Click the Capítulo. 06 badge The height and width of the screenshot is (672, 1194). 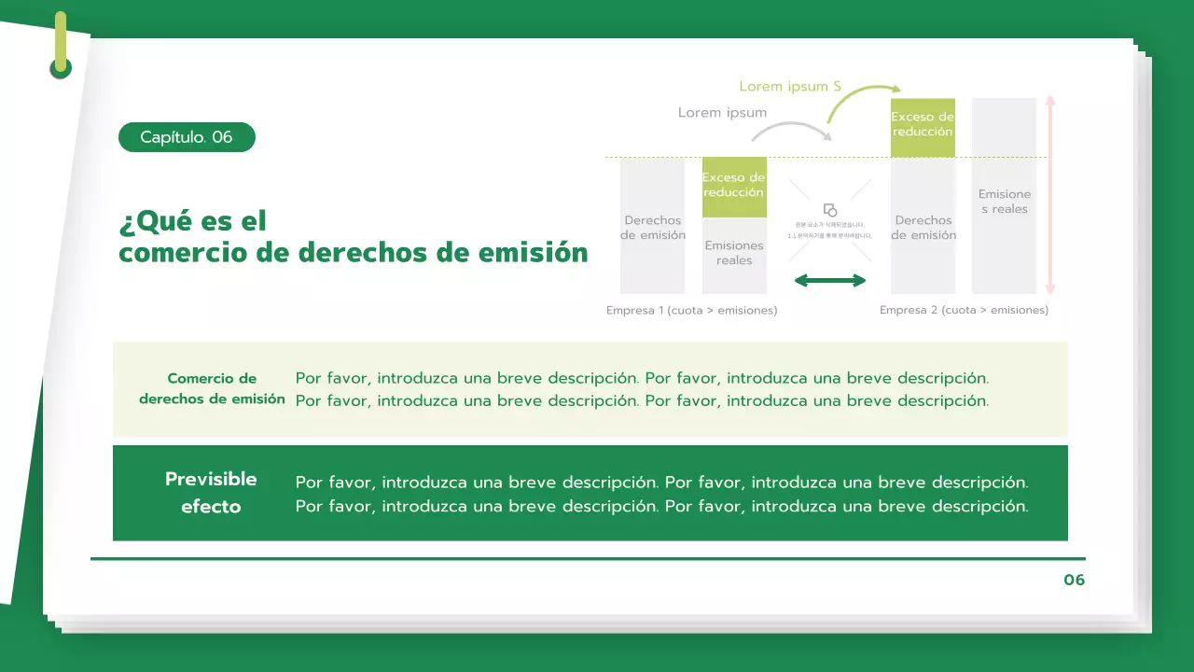coord(187,137)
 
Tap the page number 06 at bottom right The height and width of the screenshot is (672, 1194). coord(1074,580)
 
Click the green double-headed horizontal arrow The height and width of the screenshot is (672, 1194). coord(829,280)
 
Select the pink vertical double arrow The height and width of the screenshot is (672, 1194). coord(1050,195)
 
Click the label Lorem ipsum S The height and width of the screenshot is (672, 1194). coord(790,86)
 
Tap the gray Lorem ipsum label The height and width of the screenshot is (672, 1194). coord(722,112)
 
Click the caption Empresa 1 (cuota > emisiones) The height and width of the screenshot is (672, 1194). coord(691,310)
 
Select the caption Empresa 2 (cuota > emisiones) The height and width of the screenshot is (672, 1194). coord(964,310)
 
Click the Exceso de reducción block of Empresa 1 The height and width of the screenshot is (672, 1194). coord(734,187)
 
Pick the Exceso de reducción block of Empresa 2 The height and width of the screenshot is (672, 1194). coord(923,127)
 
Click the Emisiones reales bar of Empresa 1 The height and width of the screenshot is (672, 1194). coord(734,255)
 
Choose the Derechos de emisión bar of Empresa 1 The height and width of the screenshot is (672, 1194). coord(652,227)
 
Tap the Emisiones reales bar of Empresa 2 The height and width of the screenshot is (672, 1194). coord(1004,201)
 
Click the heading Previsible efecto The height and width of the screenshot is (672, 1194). coord(211,493)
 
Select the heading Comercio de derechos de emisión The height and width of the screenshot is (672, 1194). coord(212,388)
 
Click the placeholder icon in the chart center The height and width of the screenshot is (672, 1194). coord(830,210)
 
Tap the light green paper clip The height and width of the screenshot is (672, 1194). coord(61,44)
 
